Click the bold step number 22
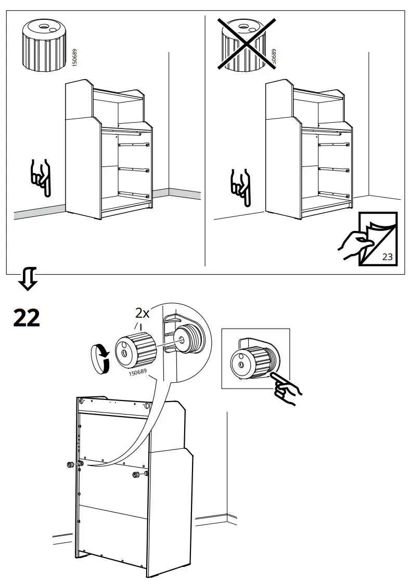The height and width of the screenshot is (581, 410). click(26, 318)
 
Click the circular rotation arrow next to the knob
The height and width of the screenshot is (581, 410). click(101, 359)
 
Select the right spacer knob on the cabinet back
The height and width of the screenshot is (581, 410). click(136, 474)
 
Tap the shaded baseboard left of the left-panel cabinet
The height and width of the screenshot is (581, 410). click(36, 212)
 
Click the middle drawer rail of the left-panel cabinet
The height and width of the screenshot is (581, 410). click(134, 169)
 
